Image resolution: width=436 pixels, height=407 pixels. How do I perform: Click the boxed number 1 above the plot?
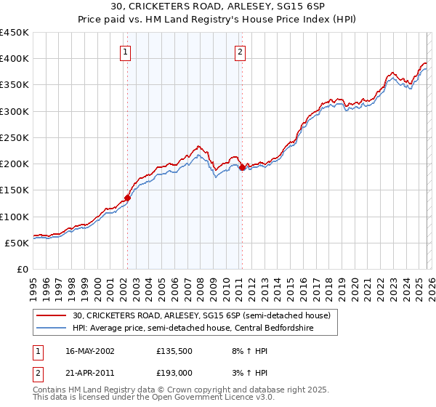126,52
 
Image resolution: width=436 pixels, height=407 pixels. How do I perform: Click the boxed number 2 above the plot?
240,52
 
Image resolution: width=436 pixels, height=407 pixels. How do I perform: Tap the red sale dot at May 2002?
127,197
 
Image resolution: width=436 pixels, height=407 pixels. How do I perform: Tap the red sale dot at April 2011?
242,167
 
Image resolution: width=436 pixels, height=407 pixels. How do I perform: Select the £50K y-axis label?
17,243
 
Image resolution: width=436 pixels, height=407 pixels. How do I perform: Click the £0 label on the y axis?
23,269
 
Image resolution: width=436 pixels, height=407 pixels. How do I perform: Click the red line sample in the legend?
52,316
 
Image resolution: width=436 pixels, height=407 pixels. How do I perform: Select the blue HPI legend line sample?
52,329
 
